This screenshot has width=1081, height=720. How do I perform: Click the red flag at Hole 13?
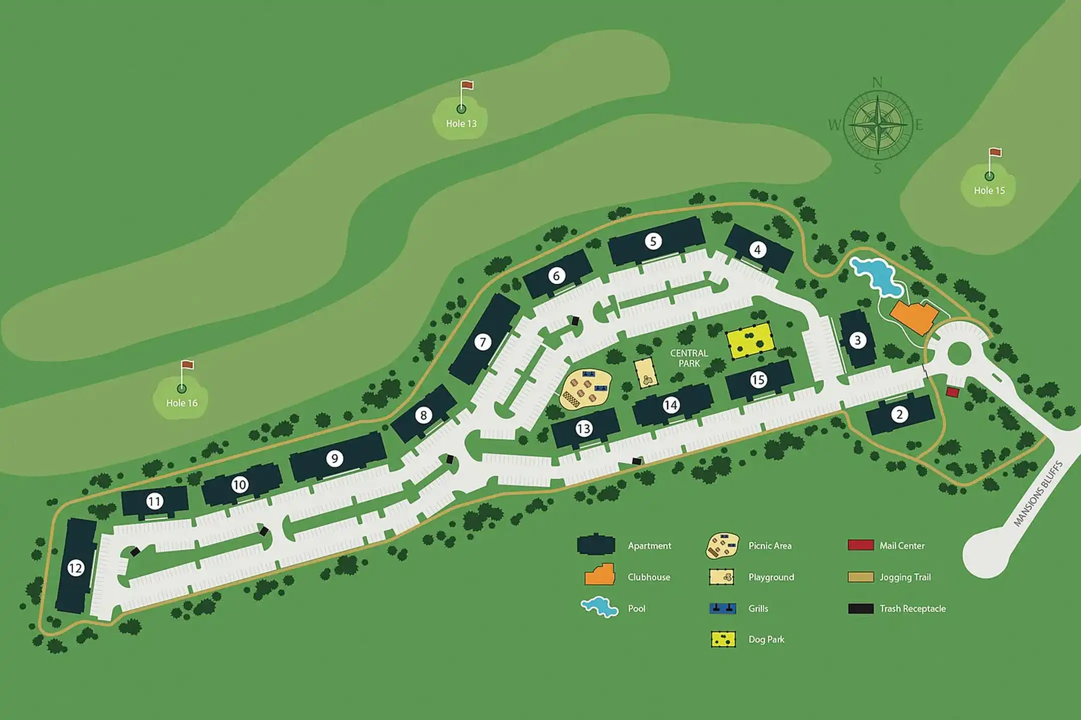pos(467,86)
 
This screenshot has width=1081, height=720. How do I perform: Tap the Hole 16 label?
pos(182,403)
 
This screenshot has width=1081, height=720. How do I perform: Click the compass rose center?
pos(878,125)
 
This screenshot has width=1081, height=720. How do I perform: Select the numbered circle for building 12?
pos(76,568)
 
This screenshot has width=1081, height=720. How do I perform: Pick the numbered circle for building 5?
pos(653,241)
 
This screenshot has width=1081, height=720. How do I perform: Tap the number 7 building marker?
pos(483,342)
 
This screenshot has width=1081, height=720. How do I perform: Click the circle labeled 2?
pos(899,414)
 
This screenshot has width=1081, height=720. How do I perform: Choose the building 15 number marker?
pos(758,380)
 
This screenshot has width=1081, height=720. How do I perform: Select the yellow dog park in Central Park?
pos(750,340)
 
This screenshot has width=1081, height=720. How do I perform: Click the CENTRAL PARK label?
pos(689,358)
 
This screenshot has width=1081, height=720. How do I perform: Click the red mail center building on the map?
pos(952,392)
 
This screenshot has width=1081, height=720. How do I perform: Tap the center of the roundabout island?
pos(959,354)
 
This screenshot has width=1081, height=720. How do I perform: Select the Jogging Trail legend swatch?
pos(861,577)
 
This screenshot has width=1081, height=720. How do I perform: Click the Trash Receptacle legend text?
pos(913,608)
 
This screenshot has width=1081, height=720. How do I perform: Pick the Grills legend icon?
pos(723,608)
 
